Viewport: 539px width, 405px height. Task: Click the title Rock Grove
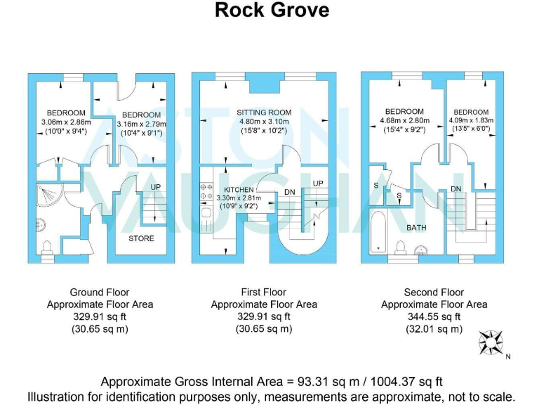coord(271,11)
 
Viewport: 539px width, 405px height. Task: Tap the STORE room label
coord(141,238)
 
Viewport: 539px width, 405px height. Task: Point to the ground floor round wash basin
coord(39,225)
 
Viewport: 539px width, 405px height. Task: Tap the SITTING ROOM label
coord(263,112)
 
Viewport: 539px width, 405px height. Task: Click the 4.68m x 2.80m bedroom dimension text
coord(404,121)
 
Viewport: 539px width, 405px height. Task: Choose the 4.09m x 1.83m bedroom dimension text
coord(471,121)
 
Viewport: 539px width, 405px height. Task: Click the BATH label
coord(416,228)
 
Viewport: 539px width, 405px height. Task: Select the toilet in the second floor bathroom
coord(401,247)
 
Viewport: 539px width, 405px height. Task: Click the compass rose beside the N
coord(491,342)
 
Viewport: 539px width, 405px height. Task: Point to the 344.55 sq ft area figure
coord(434,316)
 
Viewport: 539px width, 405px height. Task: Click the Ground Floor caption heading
coord(100,292)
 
